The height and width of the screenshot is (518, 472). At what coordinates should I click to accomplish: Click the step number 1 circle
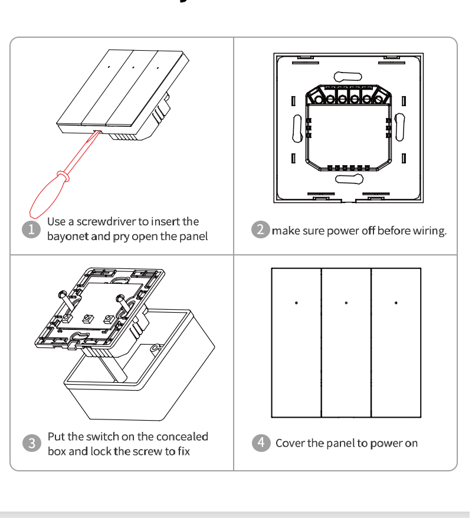tap(32, 229)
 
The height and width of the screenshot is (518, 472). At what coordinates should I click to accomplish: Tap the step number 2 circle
tap(261, 229)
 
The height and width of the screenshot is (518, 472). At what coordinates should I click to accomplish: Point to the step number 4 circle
tap(261, 442)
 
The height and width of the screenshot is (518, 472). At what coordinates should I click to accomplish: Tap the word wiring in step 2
tap(430, 231)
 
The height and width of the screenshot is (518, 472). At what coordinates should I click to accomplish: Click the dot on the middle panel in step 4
tap(346, 303)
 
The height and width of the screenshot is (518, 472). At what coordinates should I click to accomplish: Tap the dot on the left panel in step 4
tap(296, 303)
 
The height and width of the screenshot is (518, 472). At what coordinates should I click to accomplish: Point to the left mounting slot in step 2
tap(297, 128)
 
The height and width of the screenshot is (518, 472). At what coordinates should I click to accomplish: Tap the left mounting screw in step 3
tap(61, 296)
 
